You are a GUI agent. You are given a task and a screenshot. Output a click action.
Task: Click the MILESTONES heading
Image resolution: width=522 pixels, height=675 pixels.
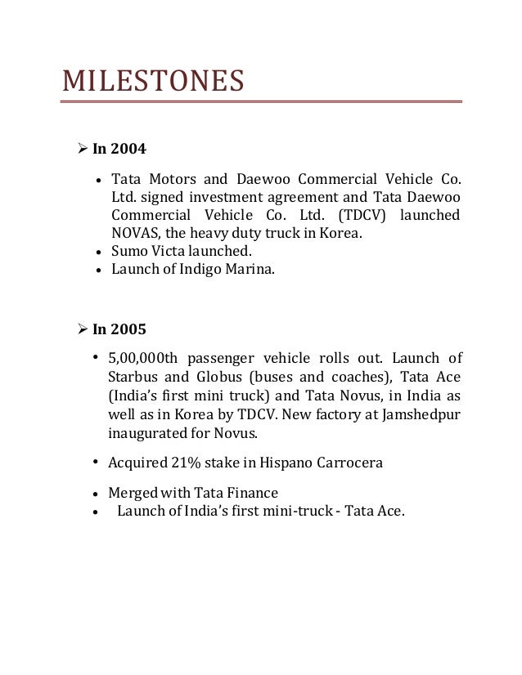pos(153,82)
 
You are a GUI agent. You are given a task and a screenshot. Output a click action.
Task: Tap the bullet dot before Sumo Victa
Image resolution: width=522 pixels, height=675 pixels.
pos(98,253)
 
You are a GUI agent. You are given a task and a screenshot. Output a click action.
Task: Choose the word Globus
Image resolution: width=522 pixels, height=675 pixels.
pos(205,378)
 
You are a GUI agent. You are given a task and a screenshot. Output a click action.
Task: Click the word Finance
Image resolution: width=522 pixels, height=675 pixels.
pos(251,493)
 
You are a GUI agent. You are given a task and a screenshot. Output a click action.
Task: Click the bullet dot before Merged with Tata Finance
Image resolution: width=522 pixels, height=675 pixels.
pos(98,494)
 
